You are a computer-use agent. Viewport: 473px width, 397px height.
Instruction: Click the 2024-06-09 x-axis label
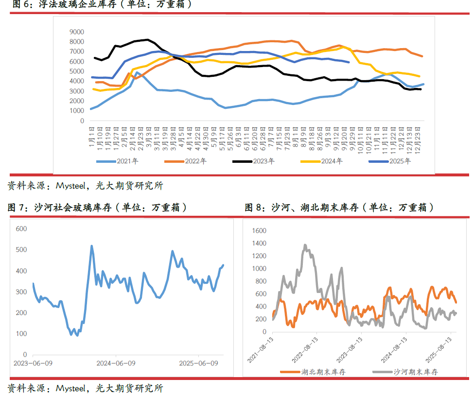[x=116, y=363]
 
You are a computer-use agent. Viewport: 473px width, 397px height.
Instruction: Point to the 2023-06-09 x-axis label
[x=33, y=363]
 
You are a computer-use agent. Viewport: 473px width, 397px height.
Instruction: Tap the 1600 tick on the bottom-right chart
[x=260, y=230]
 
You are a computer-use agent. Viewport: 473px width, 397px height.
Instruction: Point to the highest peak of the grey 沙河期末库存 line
[x=305, y=245]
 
